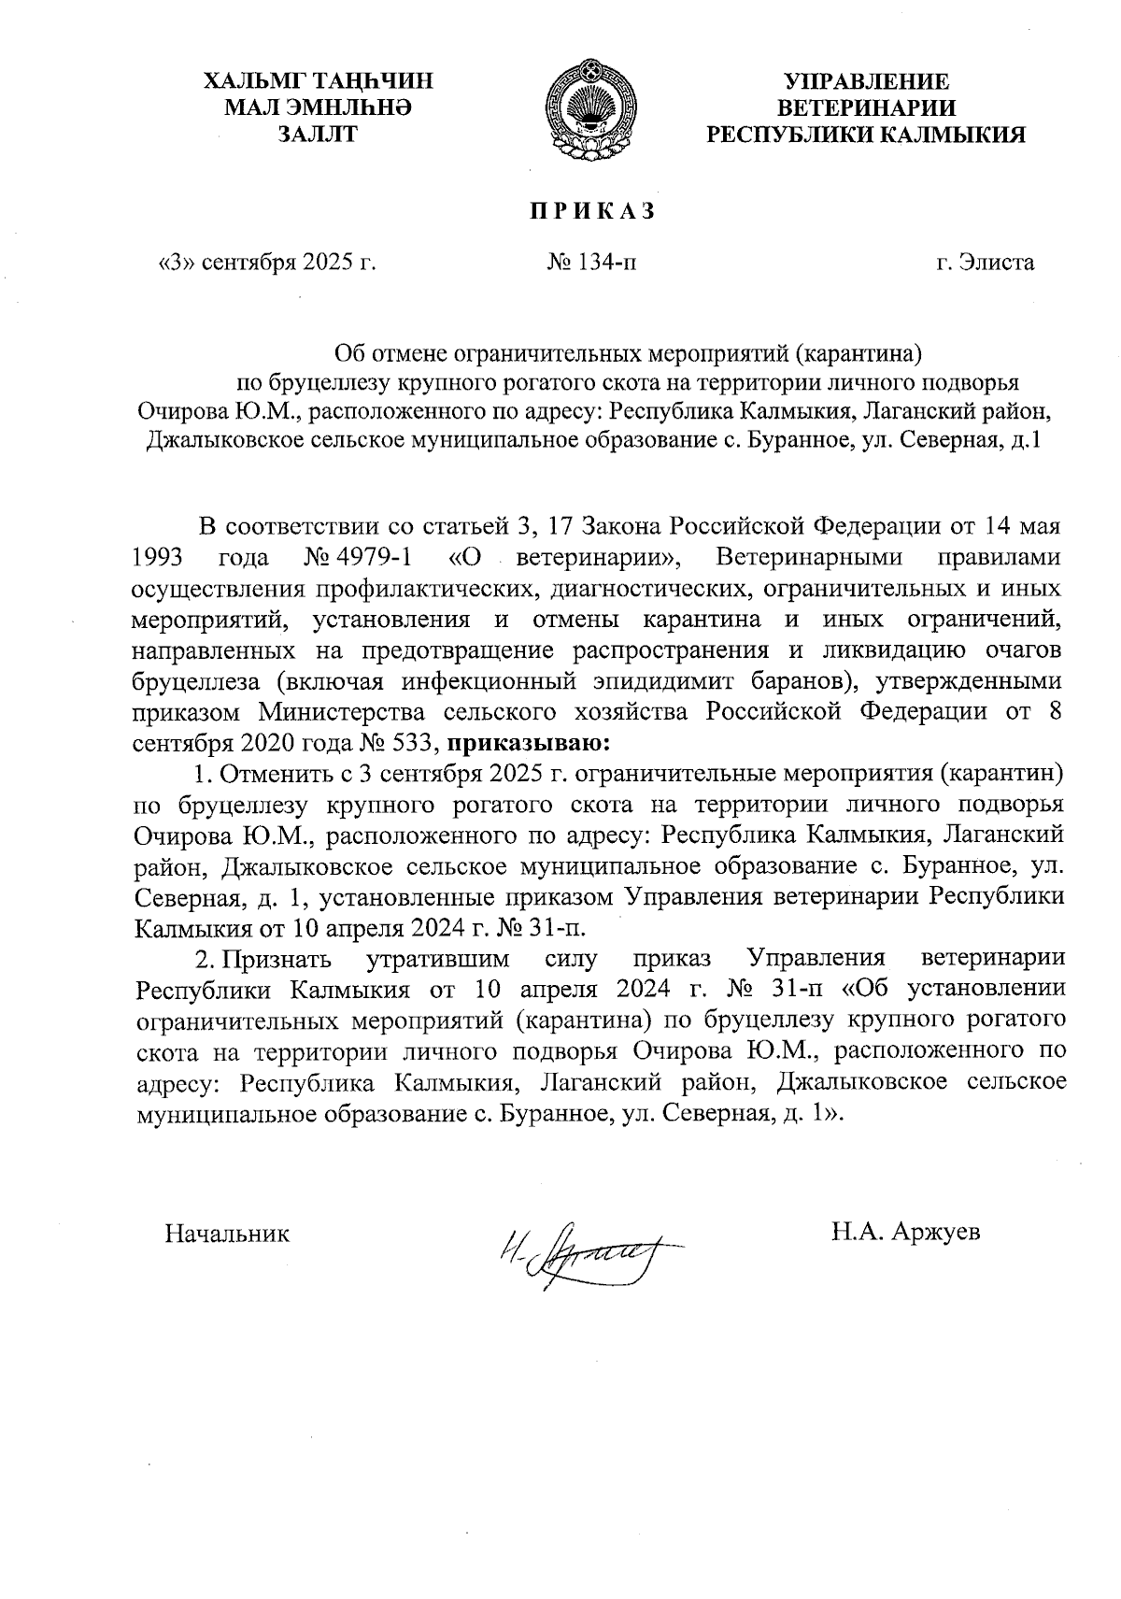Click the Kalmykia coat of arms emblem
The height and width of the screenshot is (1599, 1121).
coord(589,110)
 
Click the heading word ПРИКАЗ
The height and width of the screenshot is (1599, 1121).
coord(592,211)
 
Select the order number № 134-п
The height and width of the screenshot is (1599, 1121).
coord(593,263)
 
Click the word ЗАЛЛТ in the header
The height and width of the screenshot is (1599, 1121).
coord(318,135)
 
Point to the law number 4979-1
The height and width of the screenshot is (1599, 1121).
coord(374,559)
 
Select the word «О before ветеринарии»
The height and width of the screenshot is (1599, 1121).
coord(472,559)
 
